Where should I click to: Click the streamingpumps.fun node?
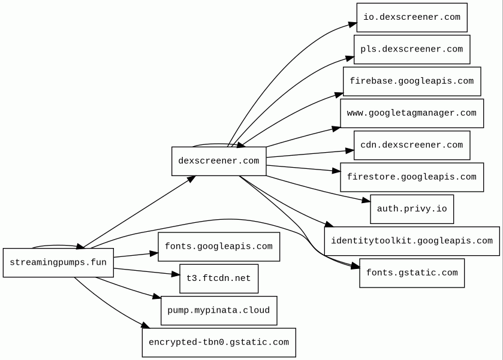coord(58,262)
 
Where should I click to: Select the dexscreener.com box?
coord(219,161)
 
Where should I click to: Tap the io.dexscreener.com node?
coord(412,17)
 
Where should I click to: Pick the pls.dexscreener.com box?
coord(412,49)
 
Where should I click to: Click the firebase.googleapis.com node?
coord(412,81)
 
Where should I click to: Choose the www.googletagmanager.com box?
coord(412,113)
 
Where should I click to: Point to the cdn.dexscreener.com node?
coord(412,145)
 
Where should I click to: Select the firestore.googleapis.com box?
coord(412,177)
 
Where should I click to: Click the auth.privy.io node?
coord(412,209)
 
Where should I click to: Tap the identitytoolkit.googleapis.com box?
coord(412,241)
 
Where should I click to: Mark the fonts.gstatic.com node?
coord(412,273)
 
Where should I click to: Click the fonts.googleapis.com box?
coord(219,247)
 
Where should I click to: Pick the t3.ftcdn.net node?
coord(219,279)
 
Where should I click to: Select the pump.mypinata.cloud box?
coord(219,311)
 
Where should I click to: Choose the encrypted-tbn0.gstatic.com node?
coord(219,343)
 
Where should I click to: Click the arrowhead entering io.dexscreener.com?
coord(353,25)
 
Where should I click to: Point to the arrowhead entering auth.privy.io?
coord(366,200)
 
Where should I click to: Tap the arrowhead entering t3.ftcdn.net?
coord(176,274)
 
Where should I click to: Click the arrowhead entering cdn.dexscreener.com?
coord(350,150)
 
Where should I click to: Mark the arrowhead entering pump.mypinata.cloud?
coord(156,297)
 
